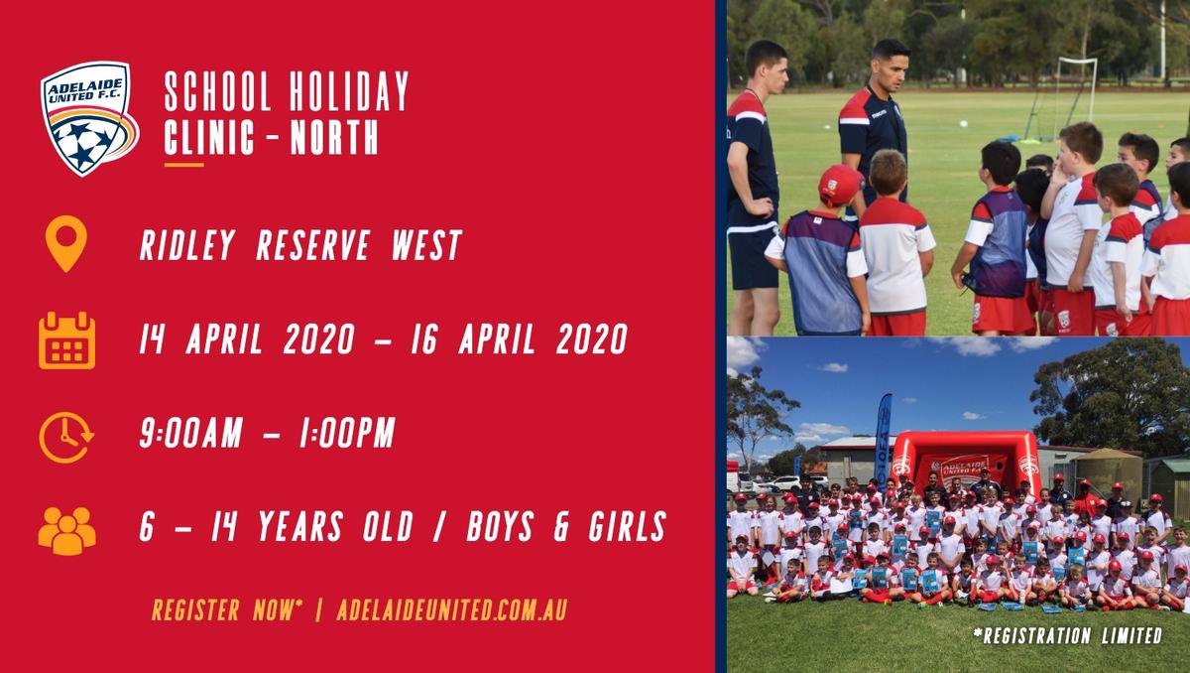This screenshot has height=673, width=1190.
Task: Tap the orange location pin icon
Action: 65,243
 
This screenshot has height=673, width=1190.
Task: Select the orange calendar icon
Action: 67,340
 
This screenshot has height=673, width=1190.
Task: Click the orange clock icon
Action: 66,437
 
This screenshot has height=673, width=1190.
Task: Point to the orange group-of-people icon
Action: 67,530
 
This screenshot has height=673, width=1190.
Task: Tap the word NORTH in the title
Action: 334,136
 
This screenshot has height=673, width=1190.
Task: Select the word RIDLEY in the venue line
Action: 187,245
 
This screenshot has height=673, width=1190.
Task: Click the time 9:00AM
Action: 191,432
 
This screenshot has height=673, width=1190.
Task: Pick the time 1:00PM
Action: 347,432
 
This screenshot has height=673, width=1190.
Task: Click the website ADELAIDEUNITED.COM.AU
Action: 452,609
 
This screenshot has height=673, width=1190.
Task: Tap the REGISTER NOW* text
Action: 227,609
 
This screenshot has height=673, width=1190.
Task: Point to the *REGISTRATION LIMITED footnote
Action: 1068,635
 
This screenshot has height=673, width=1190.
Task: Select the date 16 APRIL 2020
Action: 519,338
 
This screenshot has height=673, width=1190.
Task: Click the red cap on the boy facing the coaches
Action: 840,184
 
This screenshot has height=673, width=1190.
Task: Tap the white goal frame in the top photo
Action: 1076,90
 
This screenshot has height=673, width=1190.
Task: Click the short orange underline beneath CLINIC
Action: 183,165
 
